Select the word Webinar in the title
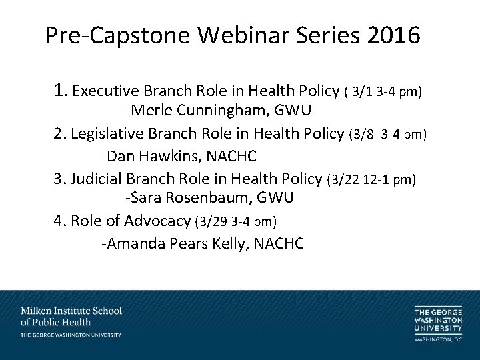(x=238, y=35)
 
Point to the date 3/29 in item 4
(x=211, y=221)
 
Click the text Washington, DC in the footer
(x=438, y=341)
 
